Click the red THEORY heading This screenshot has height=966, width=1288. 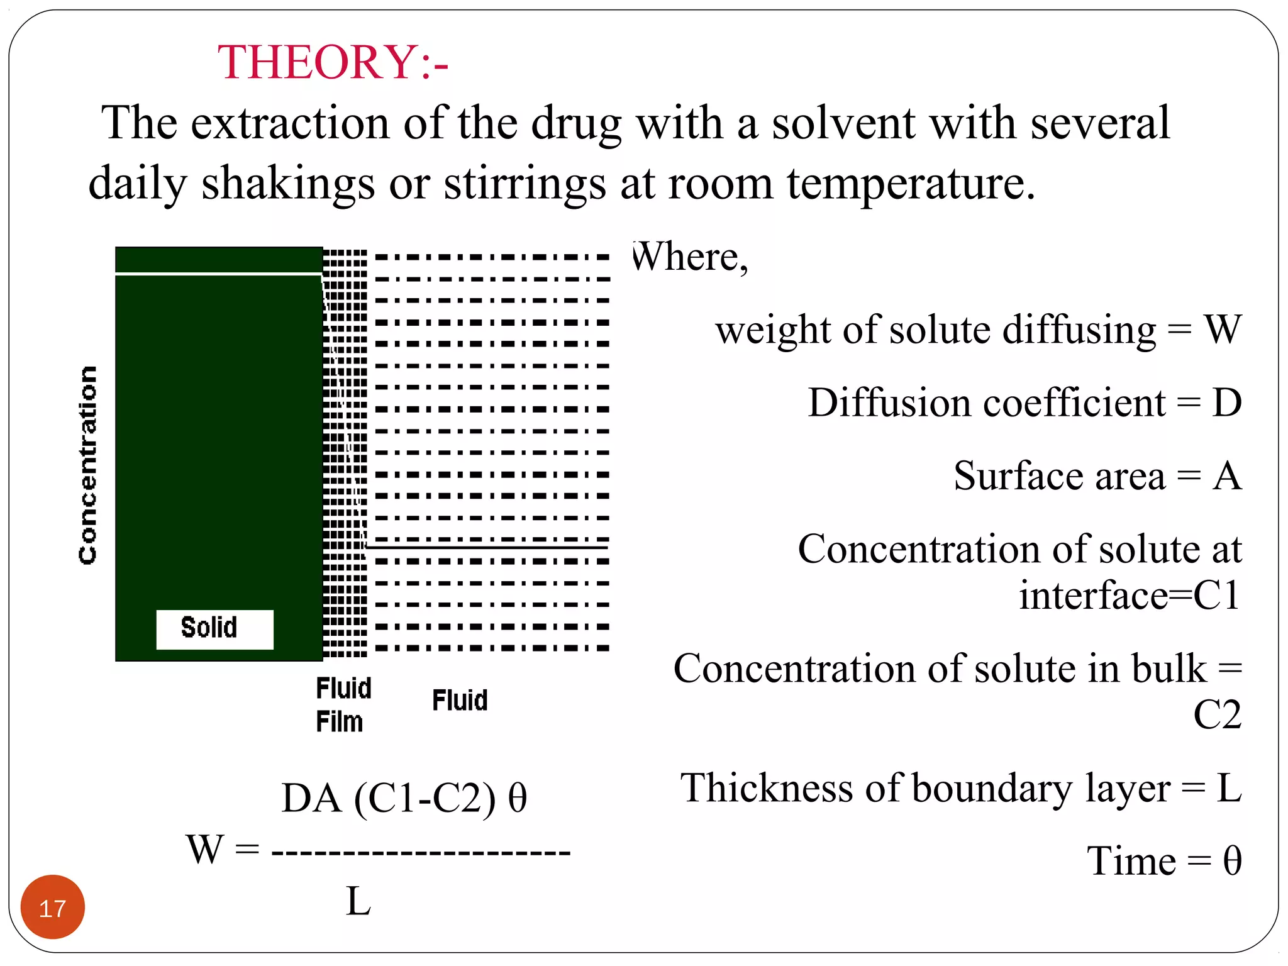click(333, 62)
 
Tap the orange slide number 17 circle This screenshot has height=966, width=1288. click(52, 908)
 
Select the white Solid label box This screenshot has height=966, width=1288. click(214, 628)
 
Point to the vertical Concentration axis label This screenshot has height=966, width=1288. click(88, 465)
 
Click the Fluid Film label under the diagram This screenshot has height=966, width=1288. click(343, 705)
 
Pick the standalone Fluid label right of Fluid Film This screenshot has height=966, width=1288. click(460, 701)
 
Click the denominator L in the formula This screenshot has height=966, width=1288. click(358, 901)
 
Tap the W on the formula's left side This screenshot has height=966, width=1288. click(204, 850)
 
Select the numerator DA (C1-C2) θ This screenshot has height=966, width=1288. click(404, 799)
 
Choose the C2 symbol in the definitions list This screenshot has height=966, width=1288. click(1217, 714)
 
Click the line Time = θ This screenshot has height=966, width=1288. click(1164, 861)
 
